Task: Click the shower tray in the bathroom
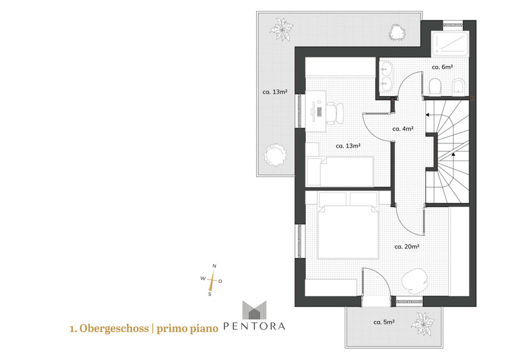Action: pyautogui.click(x=450, y=44)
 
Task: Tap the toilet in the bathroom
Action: pyautogui.click(x=434, y=86)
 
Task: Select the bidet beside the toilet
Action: pyautogui.click(x=457, y=87)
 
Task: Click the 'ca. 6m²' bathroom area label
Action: pyautogui.click(x=442, y=67)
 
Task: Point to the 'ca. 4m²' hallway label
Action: pyautogui.click(x=403, y=129)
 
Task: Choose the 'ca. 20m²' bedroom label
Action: pyautogui.click(x=406, y=247)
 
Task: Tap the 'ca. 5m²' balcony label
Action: pyautogui.click(x=384, y=322)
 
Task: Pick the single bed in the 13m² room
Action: pyautogui.click(x=340, y=172)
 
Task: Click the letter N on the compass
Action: pyautogui.click(x=214, y=266)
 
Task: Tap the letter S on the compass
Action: pyautogui.click(x=210, y=294)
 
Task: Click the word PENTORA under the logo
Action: pyautogui.click(x=254, y=326)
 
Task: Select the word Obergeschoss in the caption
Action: pyautogui.click(x=114, y=328)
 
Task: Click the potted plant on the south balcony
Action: pyautogui.click(x=422, y=324)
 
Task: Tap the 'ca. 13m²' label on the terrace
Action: pyautogui.click(x=275, y=92)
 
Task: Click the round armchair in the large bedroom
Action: pyautogui.click(x=414, y=281)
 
